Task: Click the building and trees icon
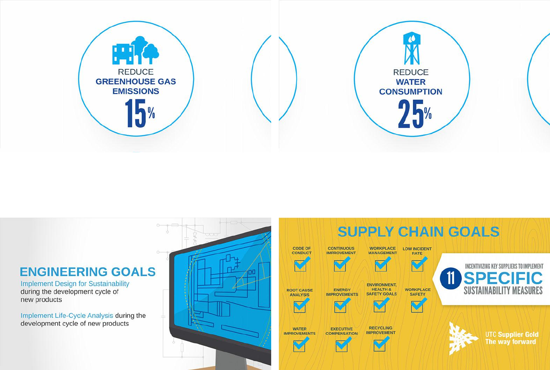pyautogui.click(x=136, y=50)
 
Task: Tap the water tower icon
pyautogui.click(x=412, y=48)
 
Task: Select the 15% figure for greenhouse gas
pyautogui.click(x=140, y=113)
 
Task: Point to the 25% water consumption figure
pyautogui.click(x=415, y=114)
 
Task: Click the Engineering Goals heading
pyautogui.click(x=88, y=272)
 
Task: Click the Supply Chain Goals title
pyautogui.click(x=418, y=232)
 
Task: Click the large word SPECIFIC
pyautogui.click(x=503, y=278)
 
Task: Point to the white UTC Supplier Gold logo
pyautogui.click(x=462, y=339)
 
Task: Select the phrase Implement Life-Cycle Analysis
pyautogui.click(x=67, y=315)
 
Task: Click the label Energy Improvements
pyautogui.click(x=342, y=292)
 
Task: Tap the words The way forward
pyautogui.click(x=510, y=342)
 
